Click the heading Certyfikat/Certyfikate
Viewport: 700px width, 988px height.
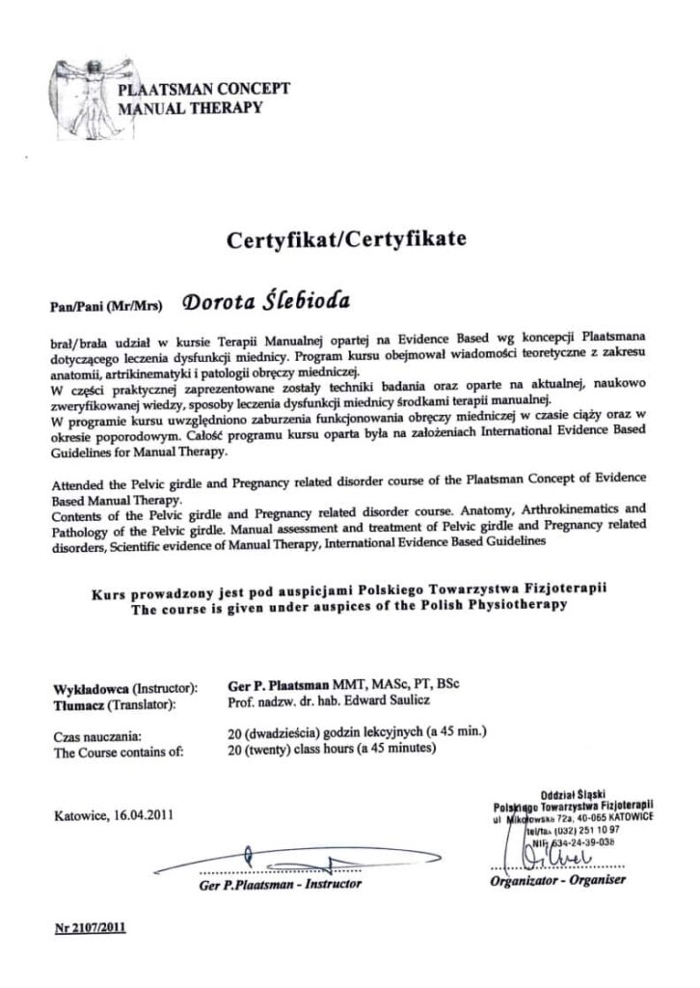pos(346,240)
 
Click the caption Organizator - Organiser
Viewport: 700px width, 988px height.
pos(557,879)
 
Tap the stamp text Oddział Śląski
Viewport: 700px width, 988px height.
pos(573,790)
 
